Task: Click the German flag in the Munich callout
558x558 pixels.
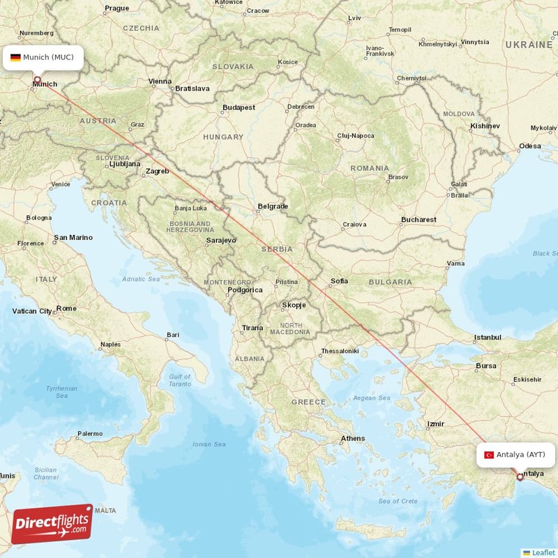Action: point(15,57)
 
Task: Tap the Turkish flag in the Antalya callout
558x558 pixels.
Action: point(489,455)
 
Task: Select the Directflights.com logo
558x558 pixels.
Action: point(52,524)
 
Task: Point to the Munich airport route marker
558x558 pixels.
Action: point(37,79)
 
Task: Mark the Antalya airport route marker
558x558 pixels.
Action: point(519,477)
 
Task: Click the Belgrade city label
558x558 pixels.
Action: point(273,206)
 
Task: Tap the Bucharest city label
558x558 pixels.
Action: point(418,220)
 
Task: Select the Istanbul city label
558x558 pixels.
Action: point(488,338)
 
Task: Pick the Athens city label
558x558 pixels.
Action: point(352,438)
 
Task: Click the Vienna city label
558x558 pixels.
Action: point(160,82)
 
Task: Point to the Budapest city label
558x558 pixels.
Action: point(239,107)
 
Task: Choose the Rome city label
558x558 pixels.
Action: point(66,308)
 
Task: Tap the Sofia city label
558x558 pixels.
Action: point(339,281)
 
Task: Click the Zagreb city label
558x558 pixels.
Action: point(157,171)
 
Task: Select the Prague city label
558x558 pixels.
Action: point(116,8)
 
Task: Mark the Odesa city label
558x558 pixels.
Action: point(529,146)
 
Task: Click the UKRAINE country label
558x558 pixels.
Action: point(529,44)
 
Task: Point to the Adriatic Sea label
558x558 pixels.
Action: point(142,279)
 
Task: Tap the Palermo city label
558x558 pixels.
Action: point(89,433)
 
